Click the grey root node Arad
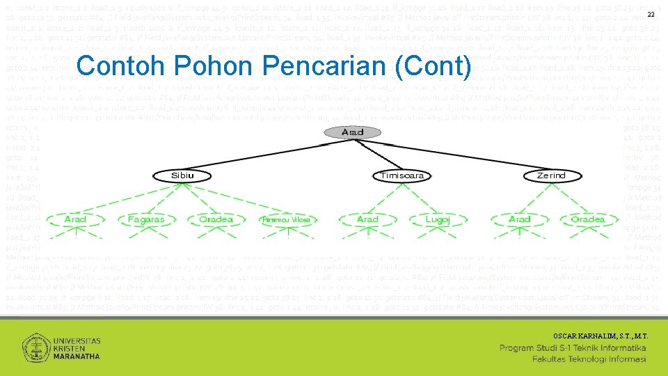(352, 132)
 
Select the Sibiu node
(183, 175)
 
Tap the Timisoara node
(401, 175)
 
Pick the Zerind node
(551, 175)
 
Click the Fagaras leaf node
(145, 219)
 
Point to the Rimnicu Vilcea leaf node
(285, 220)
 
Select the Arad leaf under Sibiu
(75, 219)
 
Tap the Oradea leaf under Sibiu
(216, 219)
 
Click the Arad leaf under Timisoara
(367, 219)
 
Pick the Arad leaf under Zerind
(520, 219)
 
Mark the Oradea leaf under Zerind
(588, 219)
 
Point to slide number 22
(651, 16)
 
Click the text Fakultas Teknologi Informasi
(589, 359)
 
